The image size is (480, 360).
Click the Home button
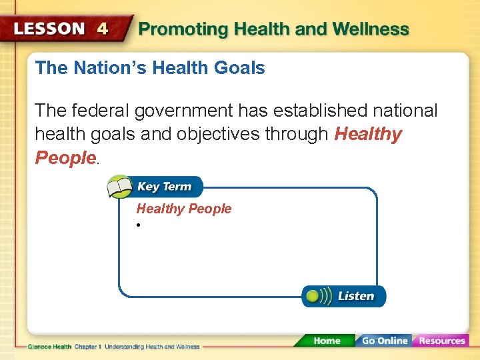(x=326, y=341)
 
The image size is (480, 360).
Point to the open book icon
(x=119, y=187)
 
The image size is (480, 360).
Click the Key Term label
(x=164, y=187)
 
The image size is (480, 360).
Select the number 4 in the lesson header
(x=102, y=29)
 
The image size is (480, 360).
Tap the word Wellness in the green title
(x=371, y=29)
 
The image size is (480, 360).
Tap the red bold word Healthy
(x=368, y=134)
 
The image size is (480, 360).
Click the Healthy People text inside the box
(x=184, y=209)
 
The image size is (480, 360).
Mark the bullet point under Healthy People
(x=137, y=225)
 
